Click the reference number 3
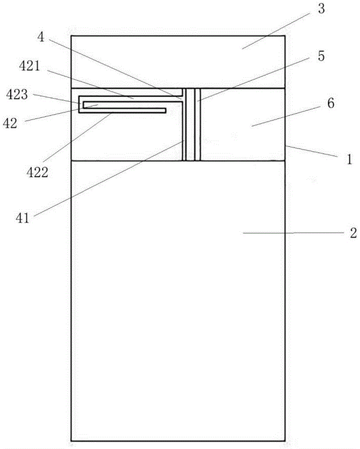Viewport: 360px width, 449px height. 321,9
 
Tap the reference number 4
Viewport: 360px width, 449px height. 41,37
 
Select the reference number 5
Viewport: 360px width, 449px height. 321,56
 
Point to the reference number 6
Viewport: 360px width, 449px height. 330,103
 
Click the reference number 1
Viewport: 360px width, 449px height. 349,159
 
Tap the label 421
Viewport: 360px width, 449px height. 30,66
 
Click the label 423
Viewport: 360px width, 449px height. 17,94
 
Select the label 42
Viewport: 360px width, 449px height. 10,123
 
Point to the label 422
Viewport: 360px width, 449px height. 37,172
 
